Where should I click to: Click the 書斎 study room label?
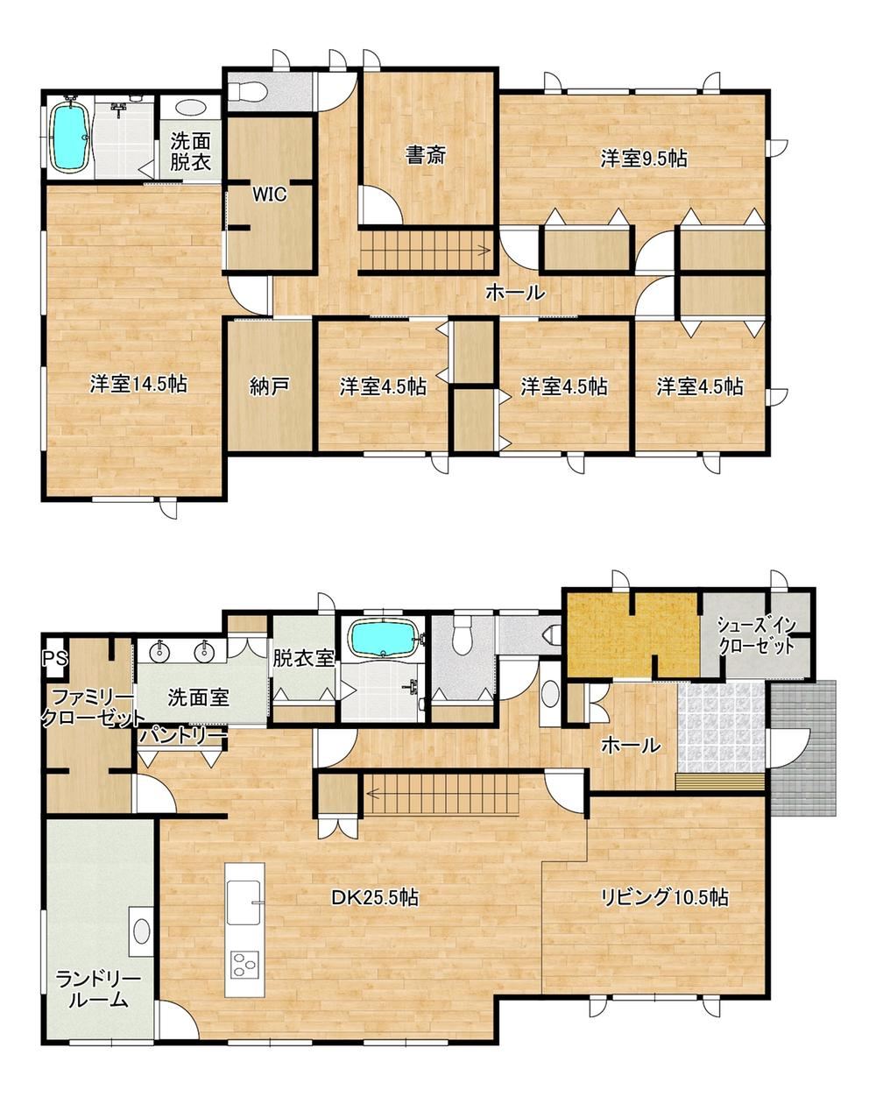click(425, 155)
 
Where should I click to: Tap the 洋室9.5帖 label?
click(643, 159)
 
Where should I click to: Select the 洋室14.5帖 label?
click(138, 384)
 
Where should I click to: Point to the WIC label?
click(270, 195)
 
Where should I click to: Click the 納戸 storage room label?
click(270, 387)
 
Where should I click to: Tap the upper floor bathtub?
click(70, 137)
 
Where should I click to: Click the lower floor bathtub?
click(382, 637)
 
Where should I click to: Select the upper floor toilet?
click(247, 92)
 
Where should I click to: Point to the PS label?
click(54, 658)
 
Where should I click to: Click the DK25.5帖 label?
click(375, 896)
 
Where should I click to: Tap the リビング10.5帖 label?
click(664, 896)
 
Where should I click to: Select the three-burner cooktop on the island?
click(244, 965)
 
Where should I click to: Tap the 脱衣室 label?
click(304, 659)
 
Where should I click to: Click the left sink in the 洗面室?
click(160, 650)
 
